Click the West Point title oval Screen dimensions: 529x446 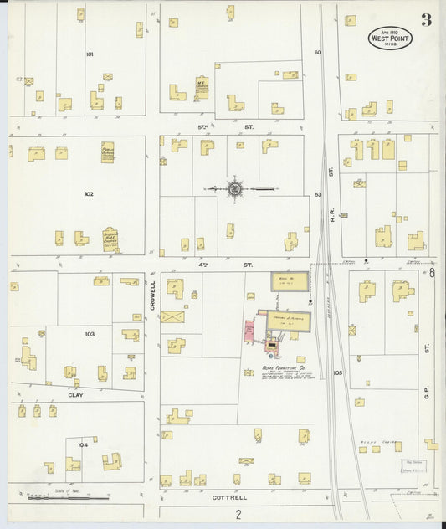coord(390,38)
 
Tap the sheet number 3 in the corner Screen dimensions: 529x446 coord(427,20)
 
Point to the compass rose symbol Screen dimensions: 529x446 coord(235,189)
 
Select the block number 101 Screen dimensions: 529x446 coord(90,54)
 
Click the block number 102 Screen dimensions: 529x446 coord(89,193)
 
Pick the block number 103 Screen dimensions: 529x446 coord(90,333)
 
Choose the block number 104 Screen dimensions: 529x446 coord(82,444)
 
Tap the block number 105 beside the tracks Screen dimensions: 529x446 coord(337,372)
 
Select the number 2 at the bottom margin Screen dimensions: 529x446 coord(238,514)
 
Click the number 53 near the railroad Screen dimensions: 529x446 coord(318,194)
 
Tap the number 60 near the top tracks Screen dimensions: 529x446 coord(318,53)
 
